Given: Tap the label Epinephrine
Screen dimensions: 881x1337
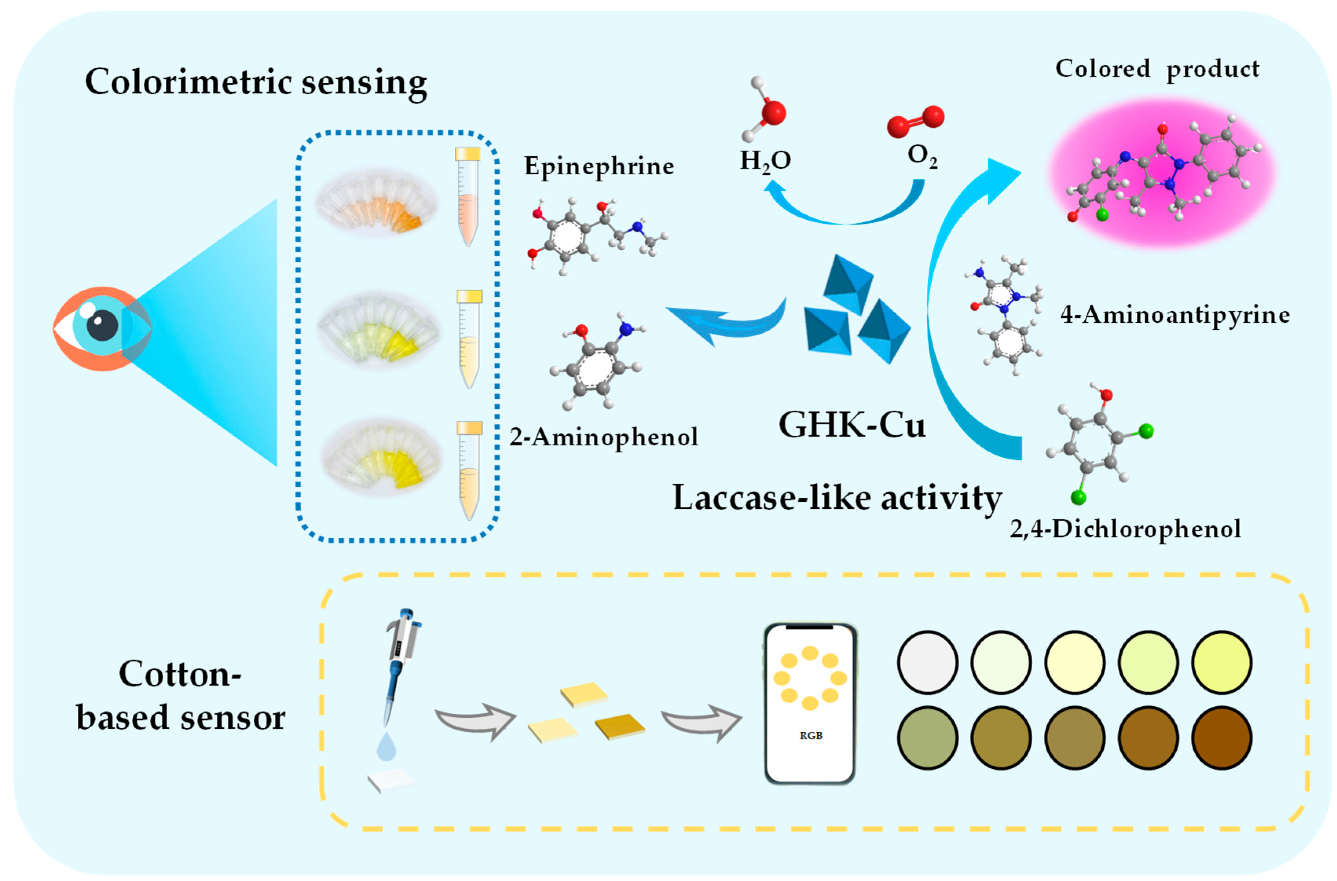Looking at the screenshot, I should click(599, 166).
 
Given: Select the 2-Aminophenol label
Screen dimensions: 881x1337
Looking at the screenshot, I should click(604, 437).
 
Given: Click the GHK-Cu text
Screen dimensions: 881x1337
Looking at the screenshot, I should click(852, 425).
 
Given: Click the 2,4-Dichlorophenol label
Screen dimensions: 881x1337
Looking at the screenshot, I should click(1125, 529).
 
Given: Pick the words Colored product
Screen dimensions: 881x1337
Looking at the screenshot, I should click(1157, 69).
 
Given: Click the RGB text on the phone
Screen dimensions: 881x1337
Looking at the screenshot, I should click(810, 735).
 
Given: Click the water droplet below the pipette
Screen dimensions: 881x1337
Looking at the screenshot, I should click(386, 746).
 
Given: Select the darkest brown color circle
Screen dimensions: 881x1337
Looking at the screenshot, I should click(1221, 738).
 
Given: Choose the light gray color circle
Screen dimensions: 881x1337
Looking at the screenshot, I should click(927, 662).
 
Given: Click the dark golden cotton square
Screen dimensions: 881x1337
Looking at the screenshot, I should click(620, 726).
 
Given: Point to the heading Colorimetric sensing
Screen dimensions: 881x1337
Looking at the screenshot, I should click(256, 82).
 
